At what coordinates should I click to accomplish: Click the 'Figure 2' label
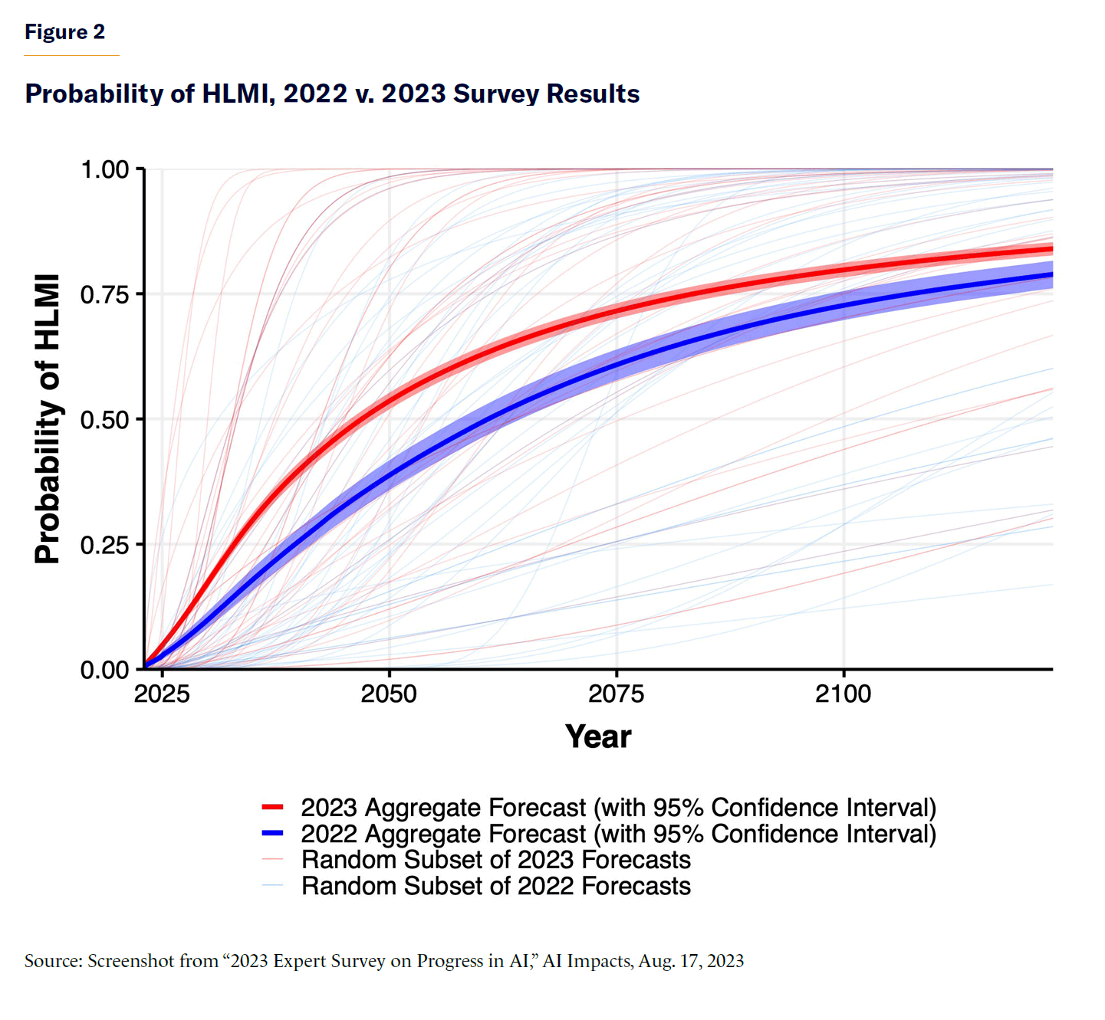tap(64, 32)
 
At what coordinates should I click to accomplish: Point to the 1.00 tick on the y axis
tap(105, 169)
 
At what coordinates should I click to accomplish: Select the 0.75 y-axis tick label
tap(105, 294)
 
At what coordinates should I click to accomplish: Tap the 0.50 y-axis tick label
tap(105, 420)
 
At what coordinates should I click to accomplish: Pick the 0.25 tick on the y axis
tap(105, 545)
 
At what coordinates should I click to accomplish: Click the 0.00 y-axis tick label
tap(105, 670)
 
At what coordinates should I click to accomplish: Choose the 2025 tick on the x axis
tap(162, 694)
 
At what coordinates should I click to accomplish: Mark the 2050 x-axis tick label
tap(389, 694)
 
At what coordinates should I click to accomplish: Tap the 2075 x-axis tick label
tap(617, 694)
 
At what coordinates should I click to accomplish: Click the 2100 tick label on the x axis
tap(844, 694)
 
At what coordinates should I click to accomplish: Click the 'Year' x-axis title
tap(598, 736)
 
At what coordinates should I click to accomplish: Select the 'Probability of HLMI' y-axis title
tap(48, 418)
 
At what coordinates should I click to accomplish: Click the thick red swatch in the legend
tap(273, 807)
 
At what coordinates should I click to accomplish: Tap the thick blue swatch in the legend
tap(273, 833)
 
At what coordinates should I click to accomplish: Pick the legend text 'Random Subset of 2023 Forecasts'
tap(496, 860)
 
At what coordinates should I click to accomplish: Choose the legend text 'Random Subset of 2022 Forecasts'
tap(496, 886)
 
